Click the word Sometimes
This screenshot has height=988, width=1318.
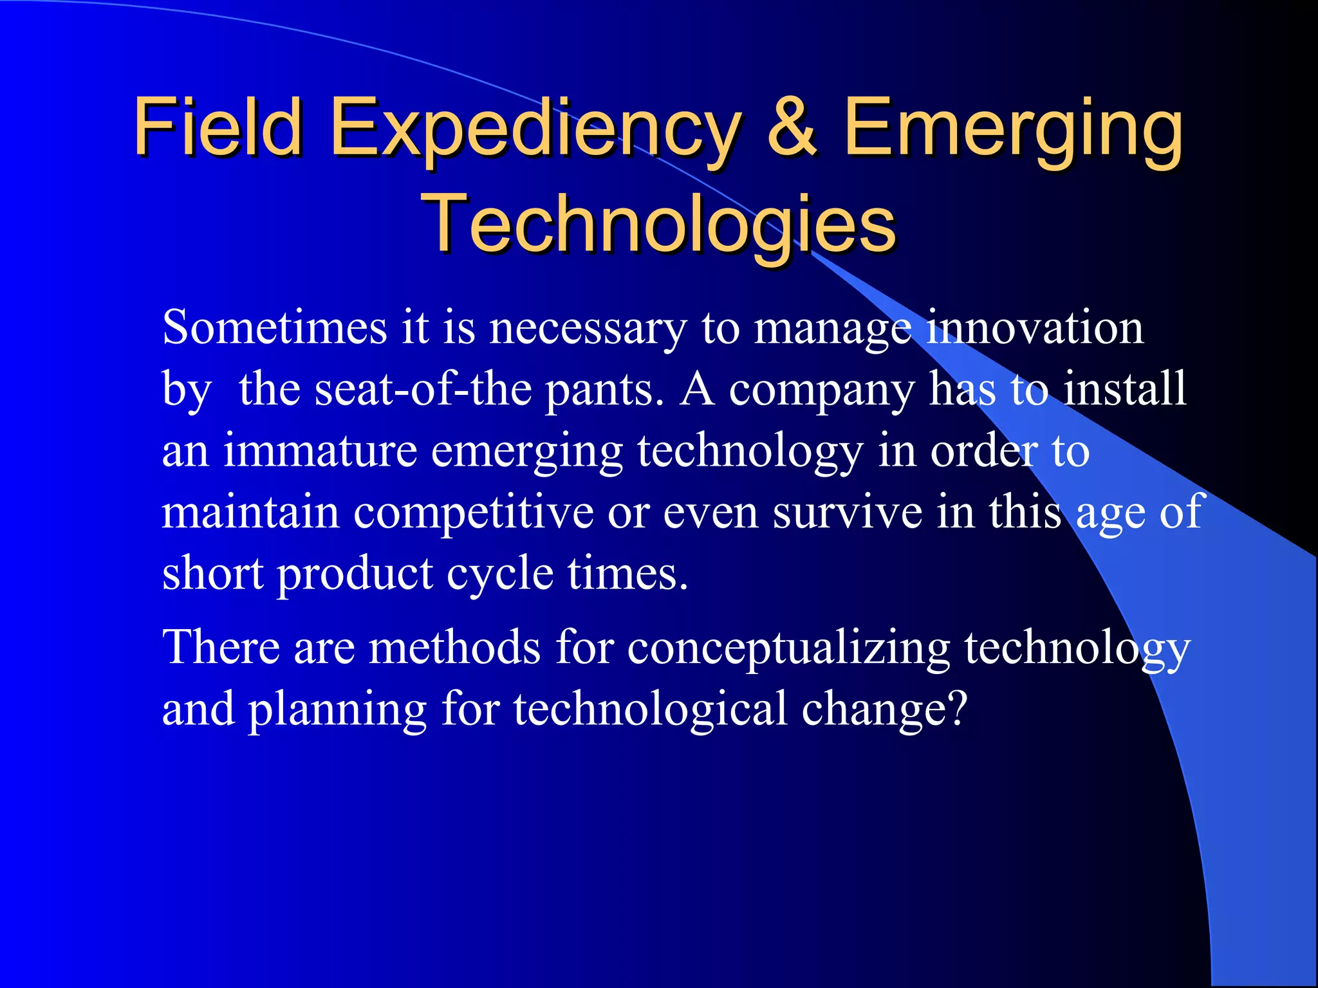[x=274, y=328]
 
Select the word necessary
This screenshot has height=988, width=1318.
[x=588, y=329]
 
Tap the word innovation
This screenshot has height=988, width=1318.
[x=1034, y=328]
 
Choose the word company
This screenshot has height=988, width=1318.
[x=821, y=391]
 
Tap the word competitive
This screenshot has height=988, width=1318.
[x=474, y=513]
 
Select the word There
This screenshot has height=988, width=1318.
[x=221, y=647]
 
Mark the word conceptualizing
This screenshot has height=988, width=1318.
[x=788, y=648]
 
